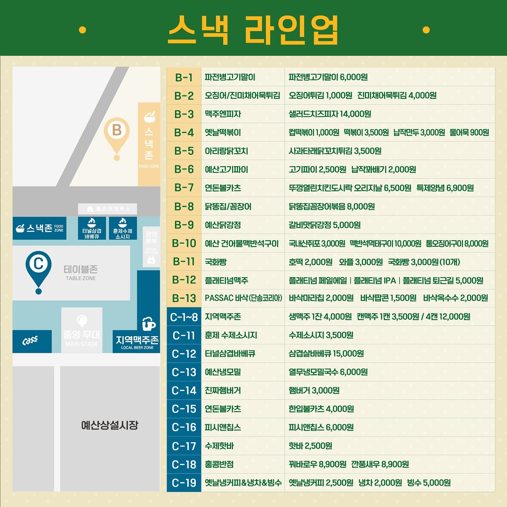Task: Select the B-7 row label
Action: pyautogui.click(x=184, y=188)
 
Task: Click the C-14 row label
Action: pyautogui.click(x=184, y=390)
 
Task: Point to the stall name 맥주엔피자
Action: pyautogui.click(x=223, y=114)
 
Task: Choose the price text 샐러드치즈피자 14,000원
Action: pyautogui.click(x=330, y=114)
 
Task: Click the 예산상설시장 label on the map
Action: pyautogui.click(x=109, y=425)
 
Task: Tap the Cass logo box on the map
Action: pyautogui.click(x=32, y=341)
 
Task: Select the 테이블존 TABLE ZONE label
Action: pyautogui.click(x=81, y=273)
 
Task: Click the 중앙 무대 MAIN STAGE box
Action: pyautogui.click(x=82, y=331)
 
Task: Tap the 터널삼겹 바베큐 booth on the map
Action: pyautogui.click(x=92, y=228)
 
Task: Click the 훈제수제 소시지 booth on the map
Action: pyautogui.click(x=123, y=228)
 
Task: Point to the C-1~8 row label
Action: pyautogui.click(x=184, y=317)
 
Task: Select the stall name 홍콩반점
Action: pyautogui.click(x=219, y=464)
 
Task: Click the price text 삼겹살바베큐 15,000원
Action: pyautogui.click(x=326, y=353)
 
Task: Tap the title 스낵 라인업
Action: pyautogui.click(x=253, y=30)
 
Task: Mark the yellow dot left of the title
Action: pyautogui.click(x=83, y=30)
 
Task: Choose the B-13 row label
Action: pyautogui.click(x=184, y=298)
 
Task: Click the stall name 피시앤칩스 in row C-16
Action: pyautogui.click(x=223, y=427)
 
